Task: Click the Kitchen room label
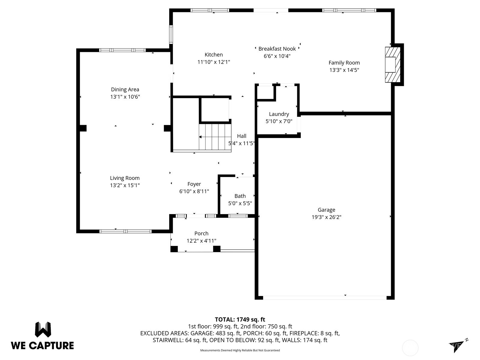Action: (x=214, y=55)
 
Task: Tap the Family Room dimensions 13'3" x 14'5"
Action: (x=344, y=70)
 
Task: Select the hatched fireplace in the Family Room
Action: (x=392, y=64)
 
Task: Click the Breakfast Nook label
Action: (x=277, y=49)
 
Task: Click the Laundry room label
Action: (x=279, y=114)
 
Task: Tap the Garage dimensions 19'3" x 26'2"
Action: (x=326, y=217)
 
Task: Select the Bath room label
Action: (x=240, y=196)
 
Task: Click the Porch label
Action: (x=201, y=233)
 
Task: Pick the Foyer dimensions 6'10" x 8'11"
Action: (x=194, y=191)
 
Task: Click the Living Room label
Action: (x=124, y=178)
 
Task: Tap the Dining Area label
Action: (x=125, y=89)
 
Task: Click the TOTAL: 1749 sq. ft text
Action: (x=240, y=319)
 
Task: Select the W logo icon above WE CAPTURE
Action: (x=43, y=330)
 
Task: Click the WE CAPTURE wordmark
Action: (x=42, y=346)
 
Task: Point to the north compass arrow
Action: (x=457, y=346)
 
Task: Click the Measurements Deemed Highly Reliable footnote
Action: (x=240, y=350)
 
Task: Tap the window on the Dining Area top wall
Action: (x=122, y=50)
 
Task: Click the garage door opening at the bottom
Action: (x=325, y=298)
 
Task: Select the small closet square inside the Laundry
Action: (x=265, y=92)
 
